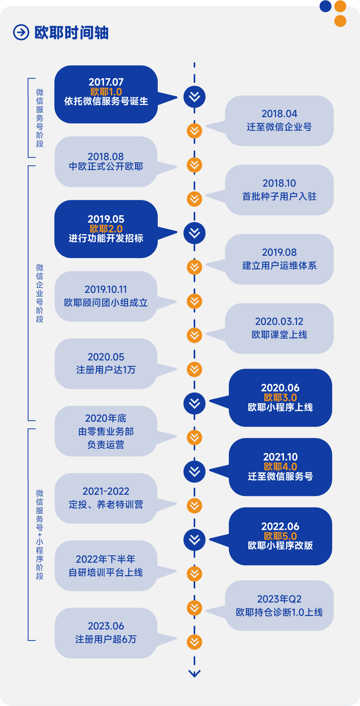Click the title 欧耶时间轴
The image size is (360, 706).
(71, 33)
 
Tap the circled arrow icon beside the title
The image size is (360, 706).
(21, 32)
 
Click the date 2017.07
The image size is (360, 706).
(106, 82)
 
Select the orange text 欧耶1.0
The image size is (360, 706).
(106, 92)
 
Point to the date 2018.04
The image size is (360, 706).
(279, 114)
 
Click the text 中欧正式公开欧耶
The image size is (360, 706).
(106, 167)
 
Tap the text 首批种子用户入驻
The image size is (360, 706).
(279, 196)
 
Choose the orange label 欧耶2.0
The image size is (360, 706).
(106, 229)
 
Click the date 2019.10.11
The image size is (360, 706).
(106, 289)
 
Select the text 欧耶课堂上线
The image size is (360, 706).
(279, 335)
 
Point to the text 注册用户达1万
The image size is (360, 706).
(106, 370)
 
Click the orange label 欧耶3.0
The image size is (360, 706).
(280, 398)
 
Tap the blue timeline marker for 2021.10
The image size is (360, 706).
(194, 471)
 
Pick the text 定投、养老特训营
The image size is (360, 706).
(106, 505)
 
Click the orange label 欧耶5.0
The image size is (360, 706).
(280, 536)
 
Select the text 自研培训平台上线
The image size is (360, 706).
(106, 572)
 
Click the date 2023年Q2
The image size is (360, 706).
(279, 599)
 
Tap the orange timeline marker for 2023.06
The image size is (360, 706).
(194, 642)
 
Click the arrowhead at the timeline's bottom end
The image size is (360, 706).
(194, 673)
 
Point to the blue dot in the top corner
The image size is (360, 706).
(325, 6)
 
